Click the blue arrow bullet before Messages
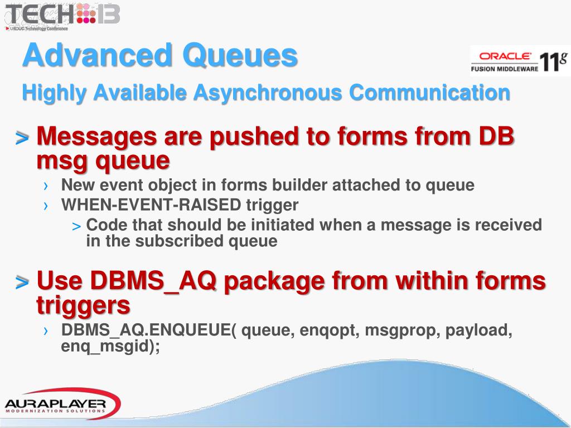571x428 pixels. point(22,137)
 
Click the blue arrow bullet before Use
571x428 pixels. point(22,282)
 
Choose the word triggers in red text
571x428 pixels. point(84,305)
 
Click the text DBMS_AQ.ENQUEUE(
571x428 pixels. point(149,330)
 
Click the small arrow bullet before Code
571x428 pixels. point(77,226)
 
